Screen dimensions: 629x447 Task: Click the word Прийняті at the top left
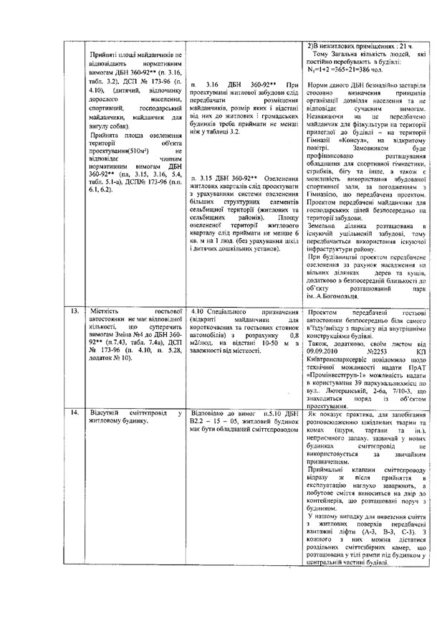click(x=105, y=55)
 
